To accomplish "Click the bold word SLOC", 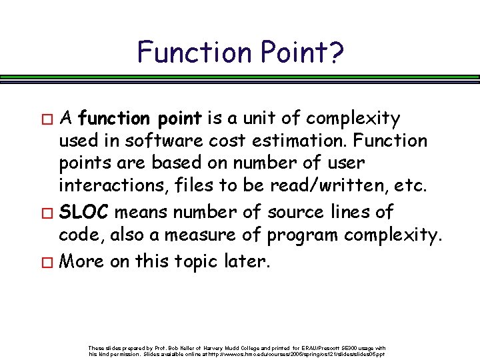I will click(85, 213).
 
